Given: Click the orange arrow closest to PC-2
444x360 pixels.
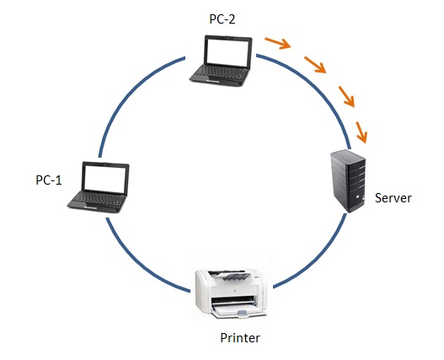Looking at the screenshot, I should [x=275, y=42].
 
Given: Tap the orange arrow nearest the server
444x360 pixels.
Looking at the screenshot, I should [x=362, y=132].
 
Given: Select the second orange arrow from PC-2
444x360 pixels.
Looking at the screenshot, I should [x=314, y=64].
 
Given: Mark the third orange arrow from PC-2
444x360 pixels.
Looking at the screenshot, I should [x=345, y=95].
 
